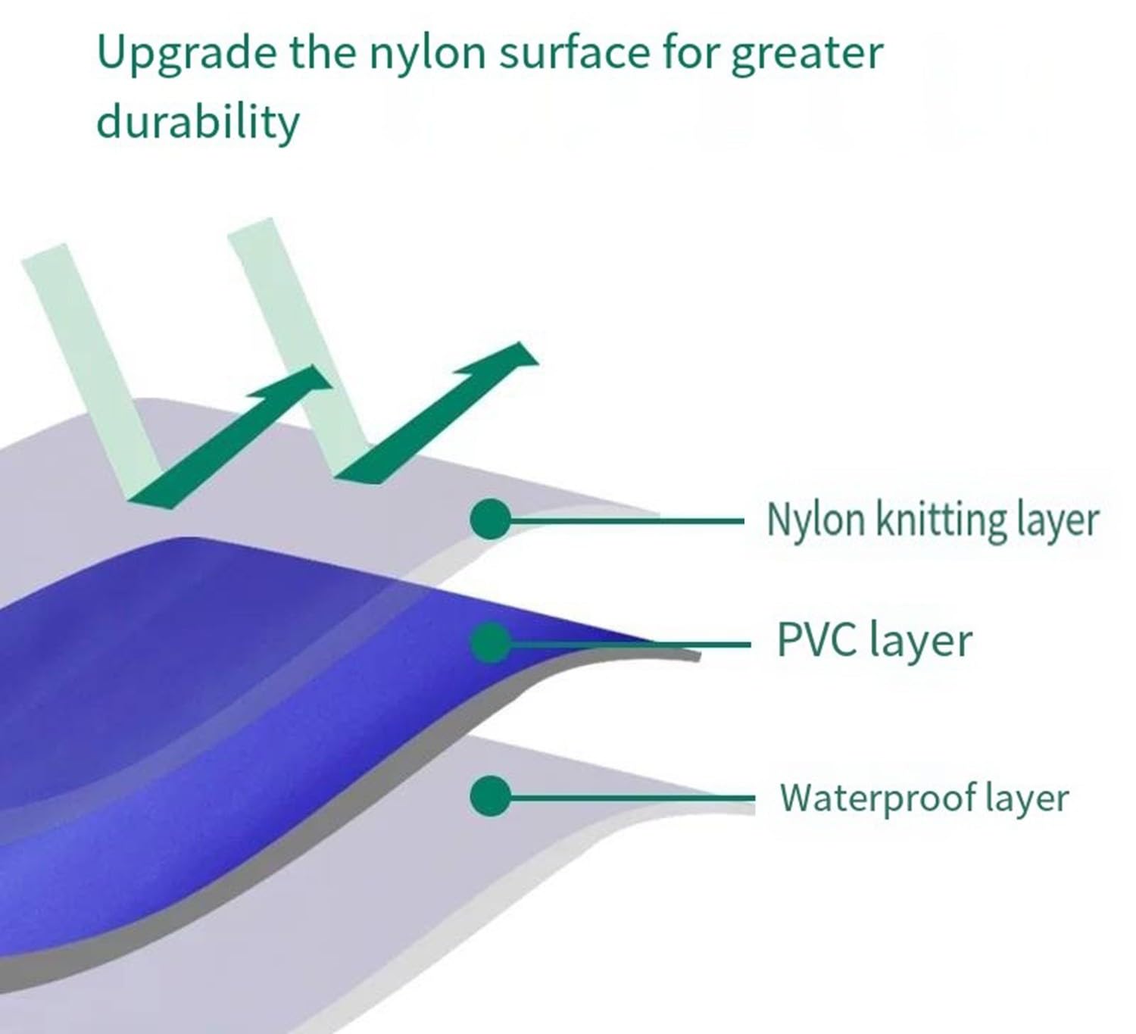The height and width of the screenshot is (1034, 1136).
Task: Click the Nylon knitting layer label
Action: [932, 520]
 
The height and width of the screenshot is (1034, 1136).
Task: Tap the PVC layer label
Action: [875, 641]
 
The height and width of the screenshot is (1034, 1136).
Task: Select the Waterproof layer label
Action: [924, 798]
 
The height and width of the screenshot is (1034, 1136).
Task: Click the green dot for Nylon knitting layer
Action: [491, 519]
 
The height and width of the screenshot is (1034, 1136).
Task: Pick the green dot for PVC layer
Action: [491, 642]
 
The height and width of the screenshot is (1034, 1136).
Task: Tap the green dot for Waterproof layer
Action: [491, 796]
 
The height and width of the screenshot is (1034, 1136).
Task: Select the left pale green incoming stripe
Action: [91, 371]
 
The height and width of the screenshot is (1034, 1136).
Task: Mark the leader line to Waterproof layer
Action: [632, 798]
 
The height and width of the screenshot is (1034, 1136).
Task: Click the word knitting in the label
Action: [941, 520]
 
